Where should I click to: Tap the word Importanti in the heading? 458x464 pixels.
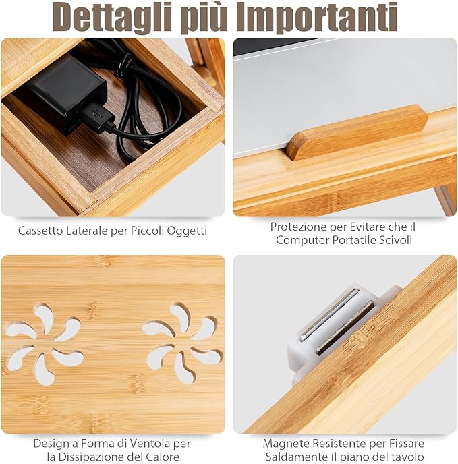pyautogui.click(x=325, y=18)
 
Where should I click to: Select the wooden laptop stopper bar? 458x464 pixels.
pyautogui.click(x=357, y=132)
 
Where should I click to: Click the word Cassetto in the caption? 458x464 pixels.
pyautogui.click(x=42, y=231)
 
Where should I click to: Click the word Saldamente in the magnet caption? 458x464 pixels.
pyautogui.click(x=297, y=457)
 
